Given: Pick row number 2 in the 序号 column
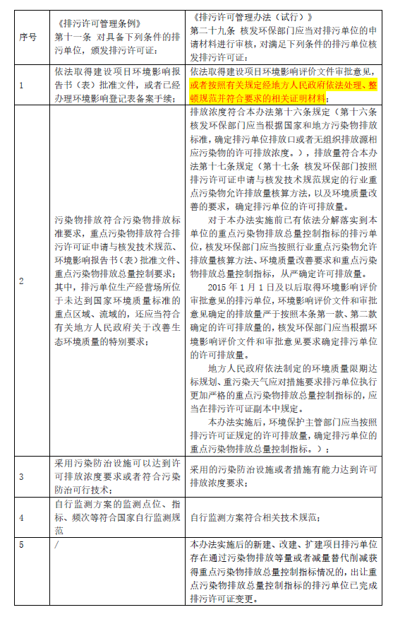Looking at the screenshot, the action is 21,281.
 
